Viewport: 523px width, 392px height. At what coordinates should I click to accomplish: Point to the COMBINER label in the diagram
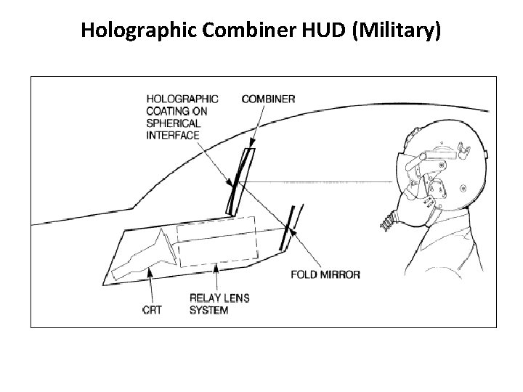click(x=268, y=99)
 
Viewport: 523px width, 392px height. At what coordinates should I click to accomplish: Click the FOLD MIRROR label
click(x=325, y=275)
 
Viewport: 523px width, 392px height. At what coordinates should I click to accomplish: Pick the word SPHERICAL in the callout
click(x=172, y=123)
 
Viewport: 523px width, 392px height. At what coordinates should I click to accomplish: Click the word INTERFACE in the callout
click(x=173, y=135)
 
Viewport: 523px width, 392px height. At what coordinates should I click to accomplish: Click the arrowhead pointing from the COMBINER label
click(x=253, y=145)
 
